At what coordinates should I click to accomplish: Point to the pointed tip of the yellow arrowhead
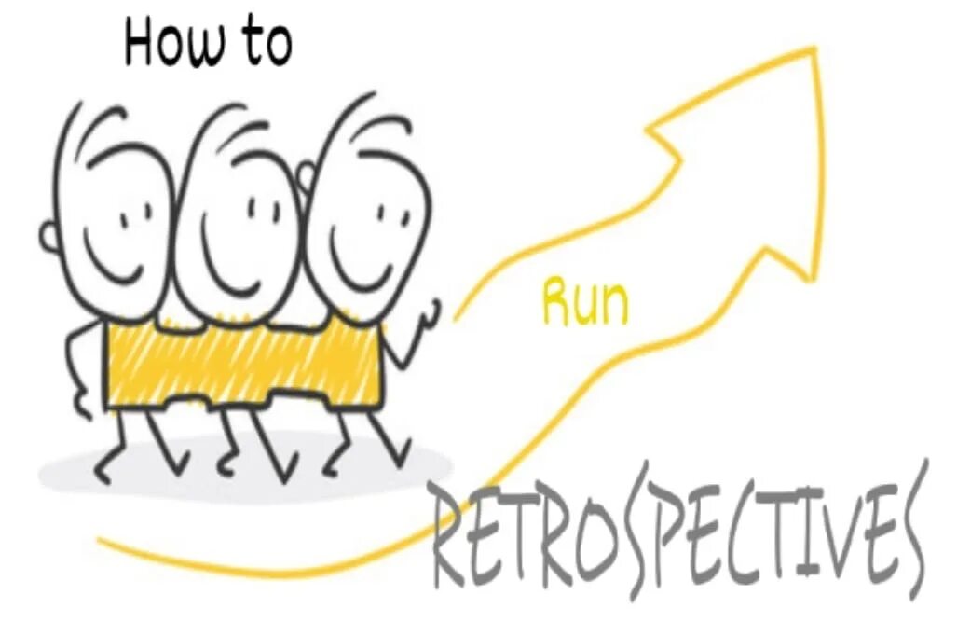tap(815, 52)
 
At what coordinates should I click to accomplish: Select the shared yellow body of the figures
tap(242, 364)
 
